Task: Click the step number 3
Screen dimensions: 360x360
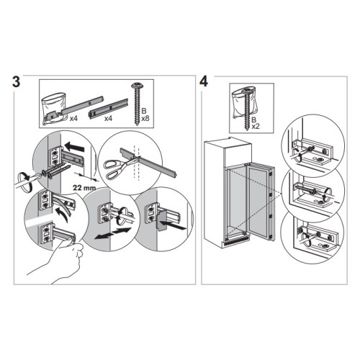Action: pos(16,81)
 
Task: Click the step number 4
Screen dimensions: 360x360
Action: pos(204,81)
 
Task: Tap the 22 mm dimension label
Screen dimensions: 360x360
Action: pos(84,187)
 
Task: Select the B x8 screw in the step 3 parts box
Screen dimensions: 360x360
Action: pos(137,104)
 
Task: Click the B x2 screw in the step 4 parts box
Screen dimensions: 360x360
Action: pos(246,109)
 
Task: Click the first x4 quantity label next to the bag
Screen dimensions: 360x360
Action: pos(73,118)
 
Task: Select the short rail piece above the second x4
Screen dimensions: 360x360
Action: pos(109,109)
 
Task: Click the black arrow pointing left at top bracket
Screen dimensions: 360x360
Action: pos(74,146)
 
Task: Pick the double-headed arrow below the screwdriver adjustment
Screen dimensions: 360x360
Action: pos(113,233)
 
